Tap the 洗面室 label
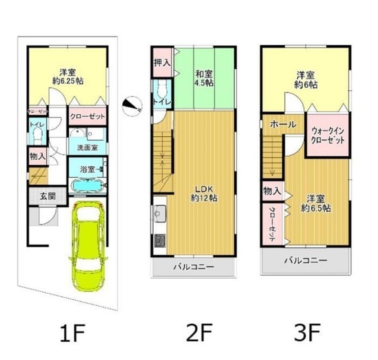[x=87, y=147]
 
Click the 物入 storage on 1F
[x=37, y=155]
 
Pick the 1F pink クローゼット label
[x=87, y=117]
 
